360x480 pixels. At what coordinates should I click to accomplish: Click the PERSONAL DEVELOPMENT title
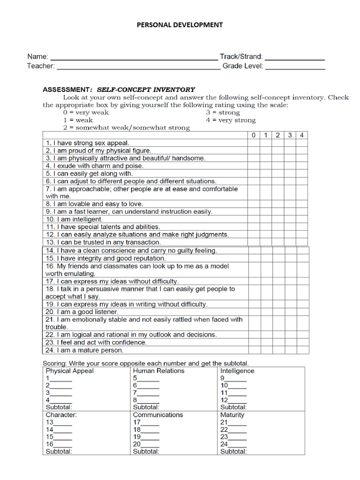pyautogui.click(x=180, y=25)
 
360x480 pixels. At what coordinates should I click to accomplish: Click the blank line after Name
pyautogui.click(x=134, y=57)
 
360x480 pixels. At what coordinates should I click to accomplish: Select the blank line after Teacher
pyautogui.click(x=138, y=67)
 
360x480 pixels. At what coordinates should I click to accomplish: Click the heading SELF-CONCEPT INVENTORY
pyautogui.click(x=146, y=90)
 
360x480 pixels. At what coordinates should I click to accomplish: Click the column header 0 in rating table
pyautogui.click(x=254, y=135)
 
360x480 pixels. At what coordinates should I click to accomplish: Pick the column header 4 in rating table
pyautogui.click(x=302, y=135)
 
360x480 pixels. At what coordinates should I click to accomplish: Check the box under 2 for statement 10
pyautogui.click(x=278, y=219)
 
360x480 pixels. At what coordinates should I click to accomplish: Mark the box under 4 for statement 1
pyautogui.click(x=302, y=143)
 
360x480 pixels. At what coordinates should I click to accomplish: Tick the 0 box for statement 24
pyautogui.click(x=255, y=350)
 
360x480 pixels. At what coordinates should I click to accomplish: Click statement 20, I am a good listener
pyautogui.click(x=82, y=312)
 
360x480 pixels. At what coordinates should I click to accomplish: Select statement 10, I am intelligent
pyautogui.click(x=74, y=219)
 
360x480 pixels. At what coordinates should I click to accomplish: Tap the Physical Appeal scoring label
pyautogui.click(x=69, y=371)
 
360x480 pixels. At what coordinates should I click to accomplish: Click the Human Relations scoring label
pyautogui.click(x=158, y=371)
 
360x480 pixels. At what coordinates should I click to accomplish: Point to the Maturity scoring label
pyautogui.click(x=232, y=415)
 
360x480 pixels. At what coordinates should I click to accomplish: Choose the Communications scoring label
pyautogui.click(x=158, y=415)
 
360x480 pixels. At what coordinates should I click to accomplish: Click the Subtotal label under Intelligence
pyautogui.click(x=233, y=407)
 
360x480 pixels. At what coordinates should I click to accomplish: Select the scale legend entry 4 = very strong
pyautogui.click(x=231, y=120)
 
